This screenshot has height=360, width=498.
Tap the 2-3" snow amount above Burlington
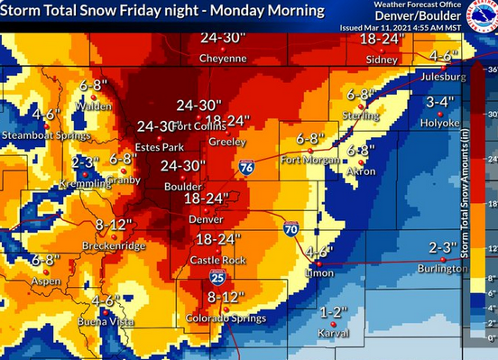(443, 247)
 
